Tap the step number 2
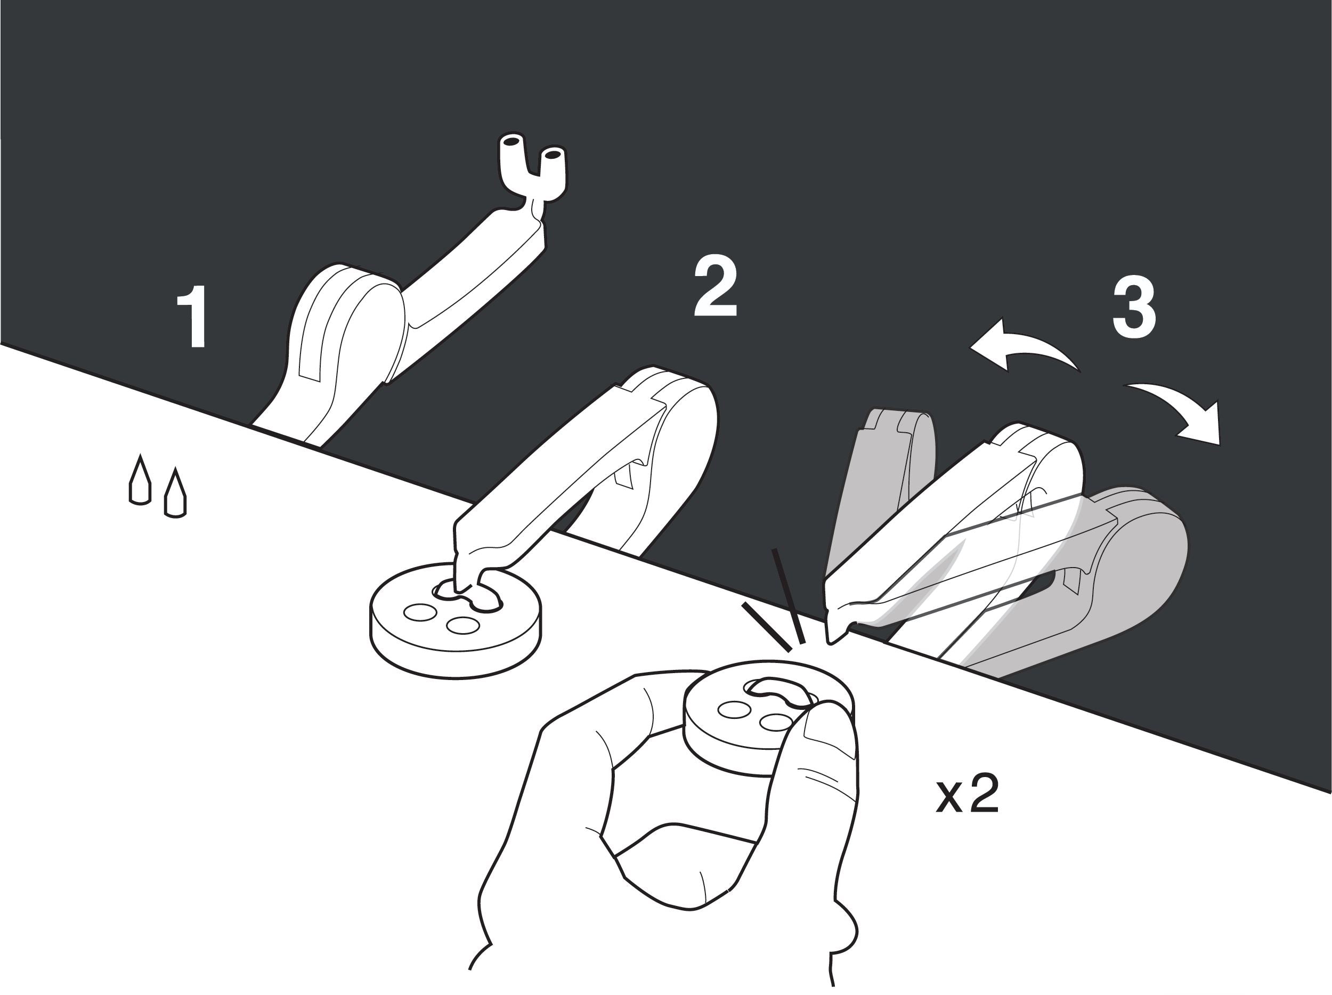tap(716, 288)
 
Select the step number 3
tap(1134, 309)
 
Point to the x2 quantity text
tap(968, 795)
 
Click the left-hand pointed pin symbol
tap(140, 480)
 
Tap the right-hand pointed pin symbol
tap(175, 492)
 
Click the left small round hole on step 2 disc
tap(420, 613)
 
